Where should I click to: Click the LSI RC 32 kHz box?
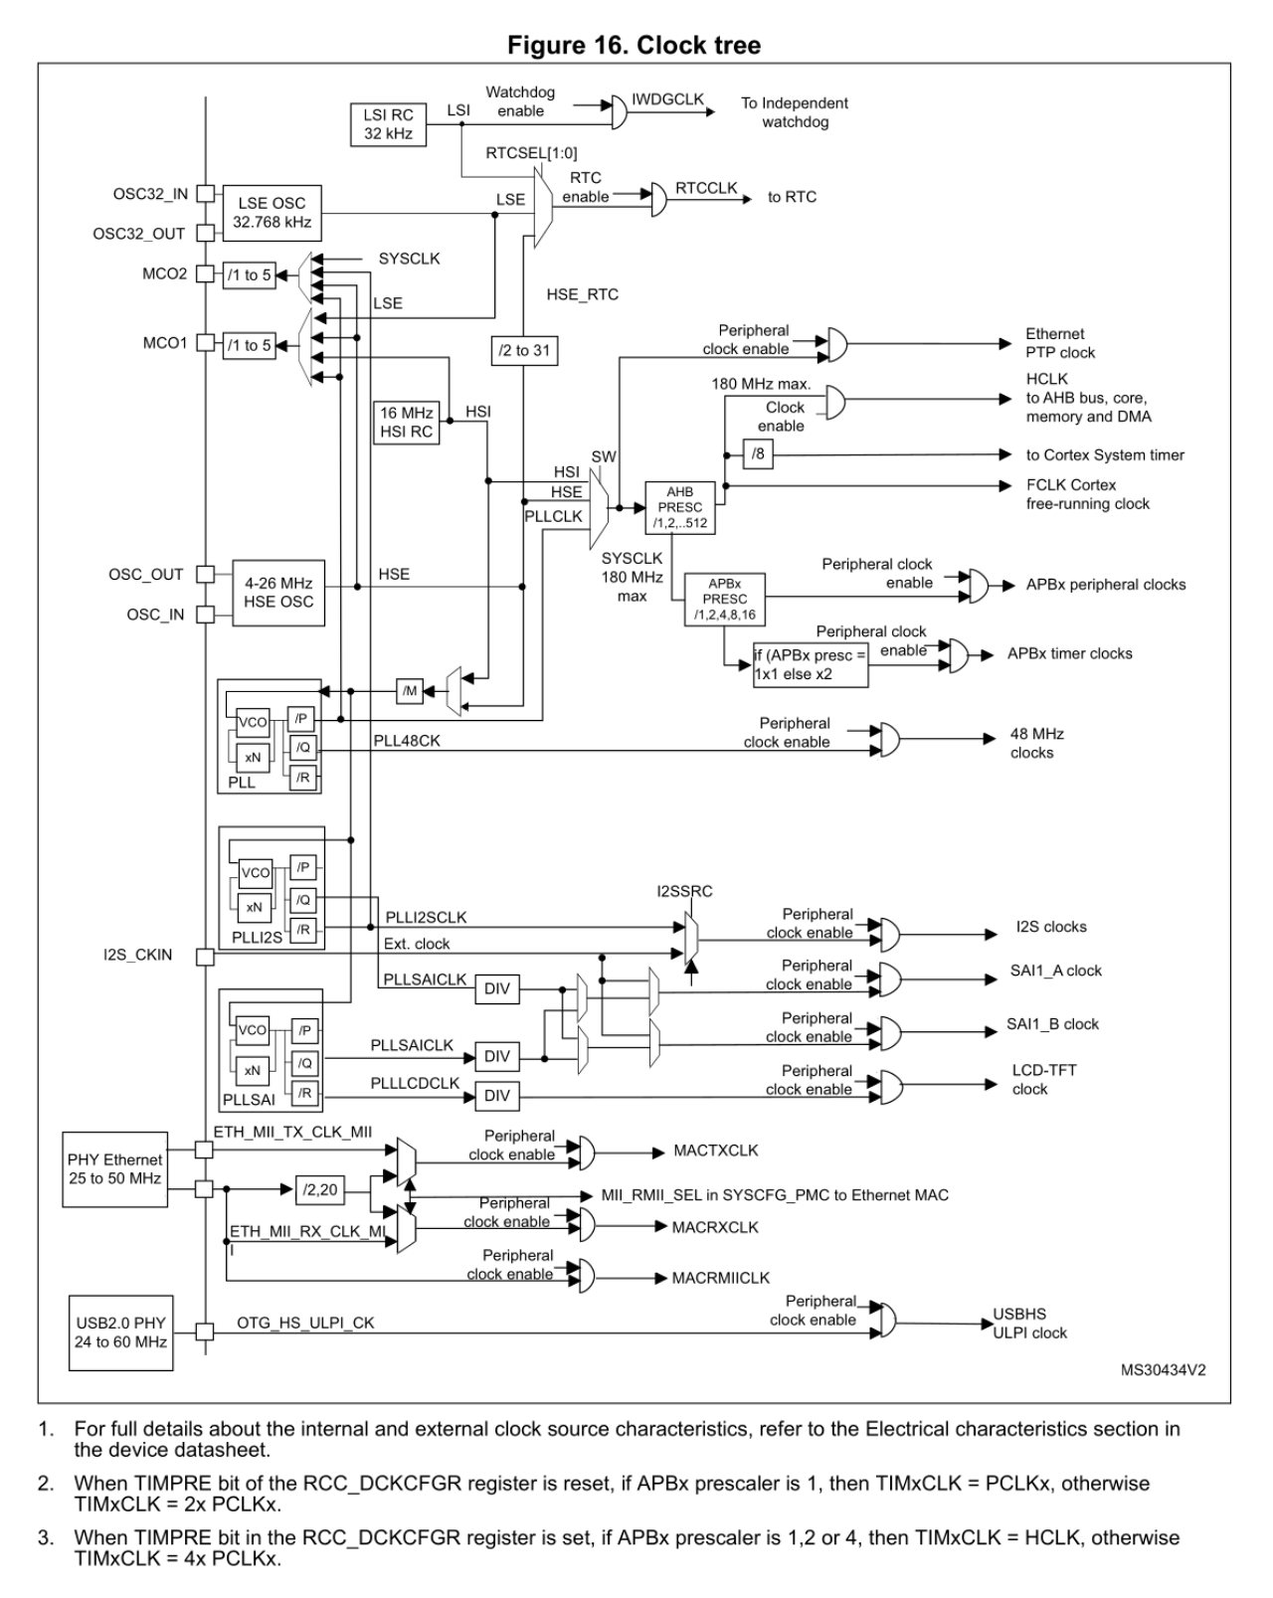point(388,124)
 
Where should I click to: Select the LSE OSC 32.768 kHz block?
point(272,213)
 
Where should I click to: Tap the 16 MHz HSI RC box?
point(407,422)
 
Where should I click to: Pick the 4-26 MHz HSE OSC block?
point(278,593)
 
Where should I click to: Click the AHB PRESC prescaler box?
point(679,507)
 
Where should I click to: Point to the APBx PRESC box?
point(724,599)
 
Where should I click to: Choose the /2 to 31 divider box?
point(525,350)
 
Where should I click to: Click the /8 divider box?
point(759,454)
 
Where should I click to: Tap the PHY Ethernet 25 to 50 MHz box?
point(115,1169)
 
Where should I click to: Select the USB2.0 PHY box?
point(120,1332)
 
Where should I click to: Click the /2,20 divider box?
point(320,1189)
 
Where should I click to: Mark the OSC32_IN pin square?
point(205,193)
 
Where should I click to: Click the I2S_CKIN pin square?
point(205,957)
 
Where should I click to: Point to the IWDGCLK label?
point(667,99)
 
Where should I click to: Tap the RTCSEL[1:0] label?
point(531,153)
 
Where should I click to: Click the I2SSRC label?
point(684,891)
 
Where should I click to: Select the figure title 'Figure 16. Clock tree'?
point(634,45)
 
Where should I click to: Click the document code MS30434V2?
point(1163,1369)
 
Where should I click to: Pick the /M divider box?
point(410,690)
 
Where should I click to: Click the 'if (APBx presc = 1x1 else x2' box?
point(810,664)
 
